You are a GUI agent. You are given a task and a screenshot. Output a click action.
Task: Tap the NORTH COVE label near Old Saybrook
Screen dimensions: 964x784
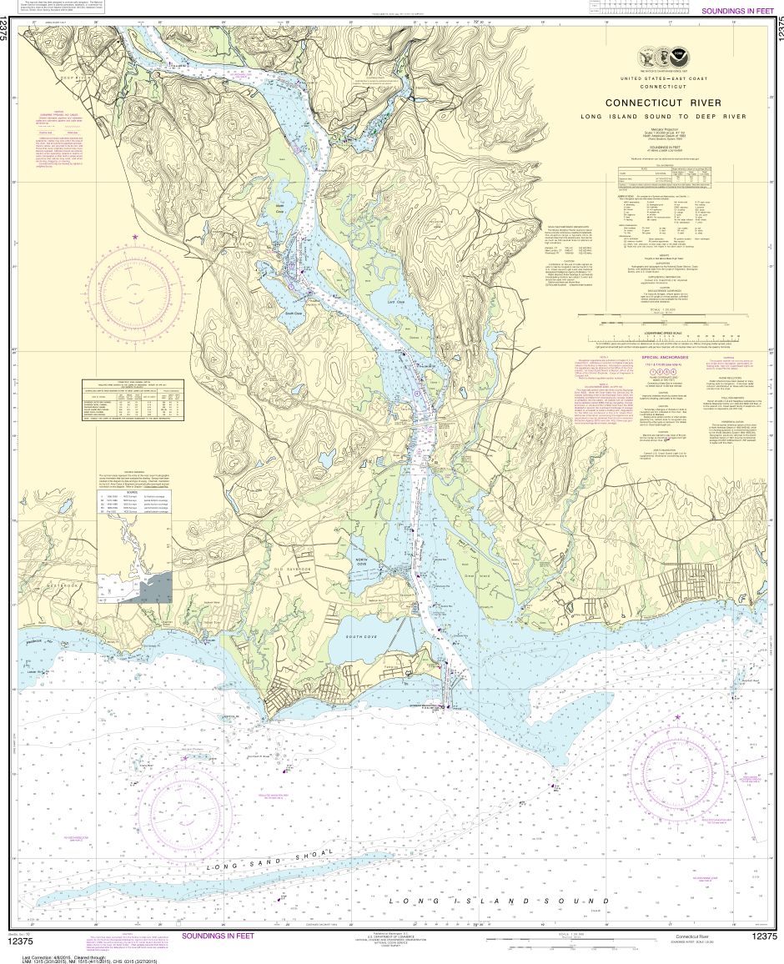click(384, 560)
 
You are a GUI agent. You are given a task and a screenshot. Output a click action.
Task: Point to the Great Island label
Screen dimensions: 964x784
click(482, 574)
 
